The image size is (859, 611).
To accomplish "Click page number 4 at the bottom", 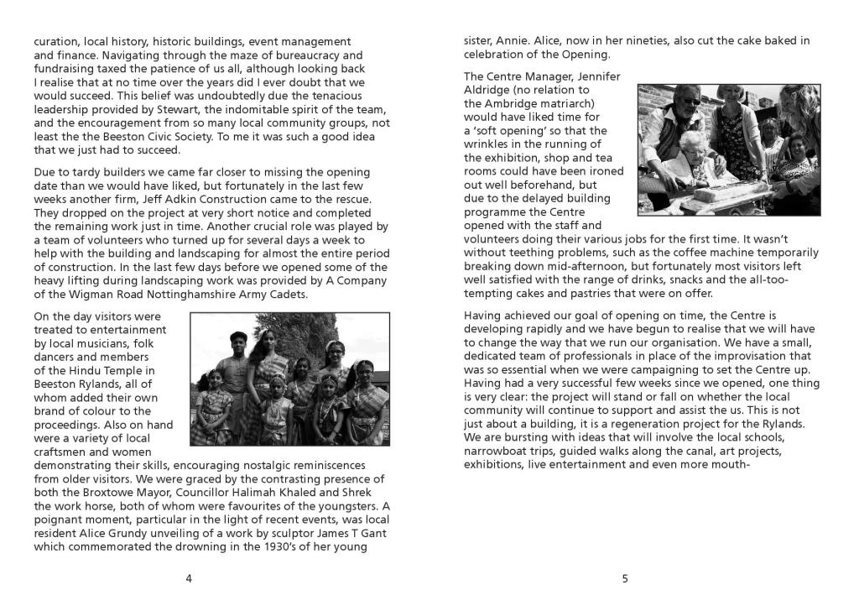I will tap(189, 577).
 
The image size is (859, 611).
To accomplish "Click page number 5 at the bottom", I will tap(625, 577).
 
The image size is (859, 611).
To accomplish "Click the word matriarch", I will tap(570, 103).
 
